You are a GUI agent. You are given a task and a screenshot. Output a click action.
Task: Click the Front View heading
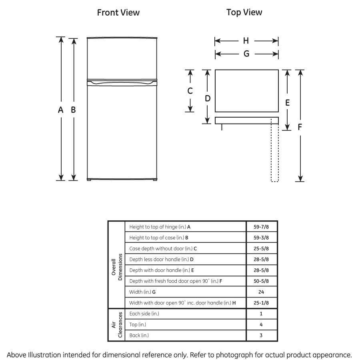pos(118,13)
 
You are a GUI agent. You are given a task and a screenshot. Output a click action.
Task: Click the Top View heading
pos(244,12)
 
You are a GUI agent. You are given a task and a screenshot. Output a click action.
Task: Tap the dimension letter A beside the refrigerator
pos(61,110)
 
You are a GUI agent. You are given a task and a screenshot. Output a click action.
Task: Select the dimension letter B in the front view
pos(74,110)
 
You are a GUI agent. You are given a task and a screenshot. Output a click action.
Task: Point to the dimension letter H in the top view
pos(246,41)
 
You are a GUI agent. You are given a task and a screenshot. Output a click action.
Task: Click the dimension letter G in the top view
pos(246,54)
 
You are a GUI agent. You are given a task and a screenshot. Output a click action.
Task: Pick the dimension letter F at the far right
pos(300,127)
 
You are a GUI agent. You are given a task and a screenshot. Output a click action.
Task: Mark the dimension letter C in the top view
pos(190,91)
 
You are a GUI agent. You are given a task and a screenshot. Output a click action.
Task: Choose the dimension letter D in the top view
pos(208,98)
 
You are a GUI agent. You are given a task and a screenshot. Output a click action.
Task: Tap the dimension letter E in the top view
pos(287,102)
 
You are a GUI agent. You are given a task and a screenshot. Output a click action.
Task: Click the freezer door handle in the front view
pos(121,82)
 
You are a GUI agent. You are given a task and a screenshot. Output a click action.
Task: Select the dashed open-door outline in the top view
pos(274,152)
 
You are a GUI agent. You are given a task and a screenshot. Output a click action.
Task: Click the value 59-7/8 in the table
pos(261,227)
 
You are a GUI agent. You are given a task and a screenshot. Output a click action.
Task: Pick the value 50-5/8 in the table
pos(261,281)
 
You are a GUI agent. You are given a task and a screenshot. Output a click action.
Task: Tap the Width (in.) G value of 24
pos(261,292)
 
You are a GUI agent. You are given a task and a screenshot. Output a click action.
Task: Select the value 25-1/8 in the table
pos(261,303)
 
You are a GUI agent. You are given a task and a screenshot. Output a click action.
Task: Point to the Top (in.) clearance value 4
pos(261,325)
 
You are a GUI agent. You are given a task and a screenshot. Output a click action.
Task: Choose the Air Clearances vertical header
pos(117,325)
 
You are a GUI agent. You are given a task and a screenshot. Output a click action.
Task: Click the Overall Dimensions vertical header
pos(117,265)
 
